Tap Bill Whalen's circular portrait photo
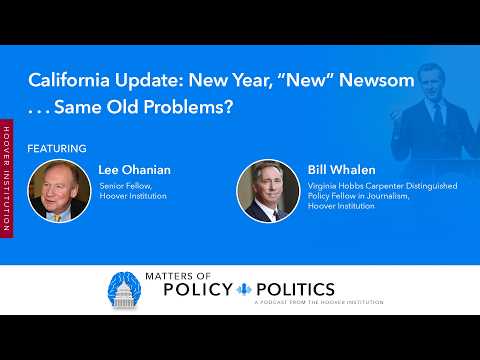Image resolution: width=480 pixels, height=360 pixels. click(267, 190)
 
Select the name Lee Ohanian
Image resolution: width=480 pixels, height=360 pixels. click(134, 170)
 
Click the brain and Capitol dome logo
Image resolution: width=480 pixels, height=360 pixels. click(133, 291)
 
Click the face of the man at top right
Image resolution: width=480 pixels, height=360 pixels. click(423, 68)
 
